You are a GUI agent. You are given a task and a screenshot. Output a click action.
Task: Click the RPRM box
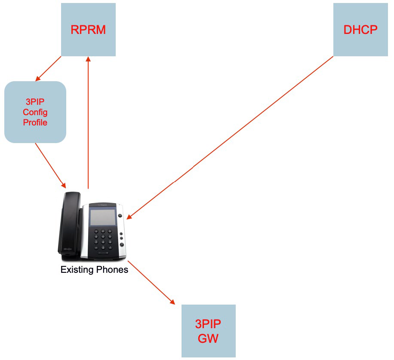88,29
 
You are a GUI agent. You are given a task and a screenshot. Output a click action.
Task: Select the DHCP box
360,29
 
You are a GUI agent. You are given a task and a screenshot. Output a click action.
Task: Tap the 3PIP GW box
208,331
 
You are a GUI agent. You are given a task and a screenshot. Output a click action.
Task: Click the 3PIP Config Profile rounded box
35,112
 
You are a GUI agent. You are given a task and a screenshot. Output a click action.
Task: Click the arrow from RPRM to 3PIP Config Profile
49,69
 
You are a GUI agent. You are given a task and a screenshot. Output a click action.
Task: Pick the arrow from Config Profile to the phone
50,165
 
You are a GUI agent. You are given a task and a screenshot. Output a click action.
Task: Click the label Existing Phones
94,270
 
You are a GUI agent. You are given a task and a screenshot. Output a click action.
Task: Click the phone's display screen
102,217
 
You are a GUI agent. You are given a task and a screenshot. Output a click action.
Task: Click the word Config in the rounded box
35,112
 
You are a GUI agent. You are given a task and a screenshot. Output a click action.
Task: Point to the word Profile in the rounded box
35,122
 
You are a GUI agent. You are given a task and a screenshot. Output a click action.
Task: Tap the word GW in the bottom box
208,338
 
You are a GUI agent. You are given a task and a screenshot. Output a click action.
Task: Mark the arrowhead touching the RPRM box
88,60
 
